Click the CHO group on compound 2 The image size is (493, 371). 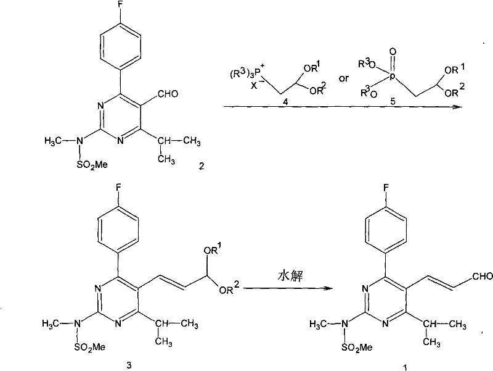(x=168, y=94)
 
